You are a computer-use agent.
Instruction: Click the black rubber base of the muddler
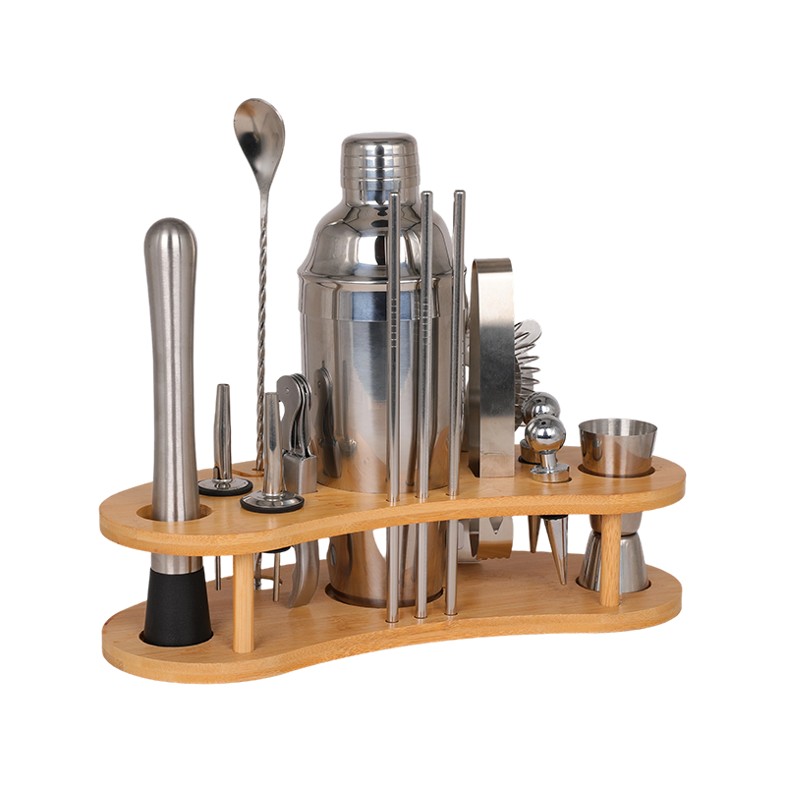177,607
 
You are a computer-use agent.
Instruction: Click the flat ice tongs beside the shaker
490,364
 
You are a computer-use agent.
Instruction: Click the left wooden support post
244,599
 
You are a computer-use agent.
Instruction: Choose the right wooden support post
610,560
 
